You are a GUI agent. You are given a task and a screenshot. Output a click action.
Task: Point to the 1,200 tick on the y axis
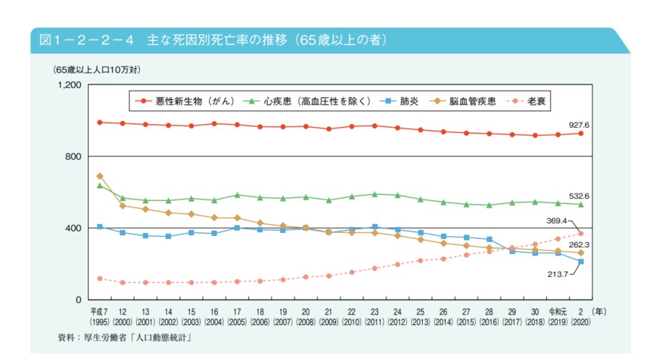pyautogui.click(x=69, y=85)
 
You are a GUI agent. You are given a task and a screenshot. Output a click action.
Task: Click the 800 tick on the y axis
pyautogui.click(x=73, y=156)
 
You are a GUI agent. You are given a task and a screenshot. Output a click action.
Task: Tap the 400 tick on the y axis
pyautogui.click(x=73, y=228)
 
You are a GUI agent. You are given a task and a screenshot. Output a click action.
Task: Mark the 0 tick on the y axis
pyautogui.click(x=78, y=300)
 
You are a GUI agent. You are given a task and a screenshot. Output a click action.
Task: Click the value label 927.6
pyautogui.click(x=578, y=125)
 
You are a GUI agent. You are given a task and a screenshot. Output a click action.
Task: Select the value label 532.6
pyautogui.click(x=578, y=195)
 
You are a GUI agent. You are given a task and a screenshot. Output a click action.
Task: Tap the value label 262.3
pyautogui.click(x=578, y=244)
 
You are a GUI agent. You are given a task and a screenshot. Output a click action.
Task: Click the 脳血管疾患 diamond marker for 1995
pyautogui.click(x=99, y=176)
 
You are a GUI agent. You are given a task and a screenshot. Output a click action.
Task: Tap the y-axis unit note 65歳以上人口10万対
pyautogui.click(x=97, y=69)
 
